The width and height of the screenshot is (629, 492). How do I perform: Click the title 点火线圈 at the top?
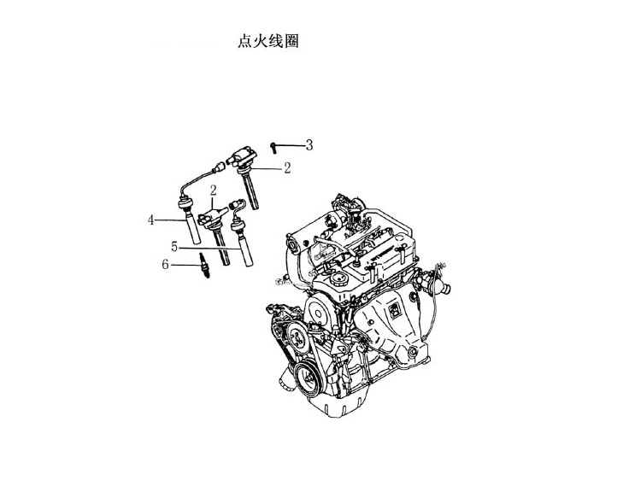coord(268,41)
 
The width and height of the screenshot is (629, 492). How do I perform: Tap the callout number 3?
coord(309,144)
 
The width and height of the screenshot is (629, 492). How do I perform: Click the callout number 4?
coord(150,220)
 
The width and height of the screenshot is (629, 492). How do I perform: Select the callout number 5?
coord(174,247)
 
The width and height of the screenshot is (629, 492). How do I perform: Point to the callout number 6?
coord(165,264)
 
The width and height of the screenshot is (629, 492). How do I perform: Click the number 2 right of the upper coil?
coord(287,168)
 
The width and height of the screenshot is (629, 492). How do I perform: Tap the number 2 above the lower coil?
coord(213,190)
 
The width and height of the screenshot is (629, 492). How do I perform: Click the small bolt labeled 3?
coord(273,147)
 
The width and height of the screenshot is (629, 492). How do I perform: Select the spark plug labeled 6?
coord(204,266)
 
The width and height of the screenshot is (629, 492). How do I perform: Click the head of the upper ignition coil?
coord(242,157)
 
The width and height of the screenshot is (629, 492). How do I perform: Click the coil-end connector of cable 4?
coord(220,167)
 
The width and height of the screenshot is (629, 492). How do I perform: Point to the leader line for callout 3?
coord(290,145)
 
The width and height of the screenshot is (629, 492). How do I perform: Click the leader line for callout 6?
coord(185,265)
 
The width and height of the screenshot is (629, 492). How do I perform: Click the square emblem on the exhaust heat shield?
coord(394,310)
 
